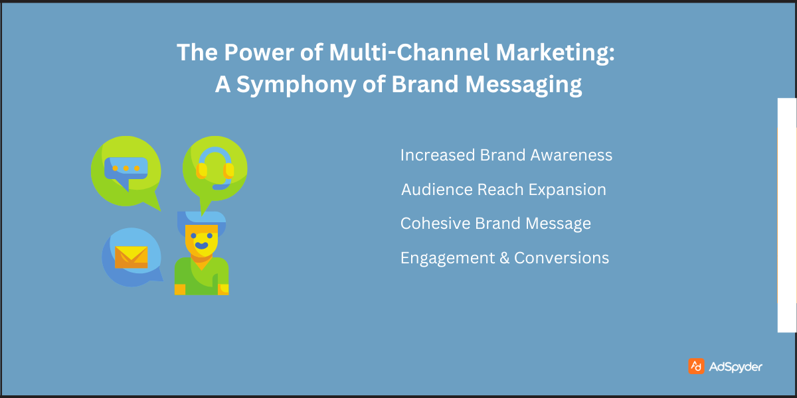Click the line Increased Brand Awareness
click(506, 155)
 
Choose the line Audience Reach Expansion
click(503, 190)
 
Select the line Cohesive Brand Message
click(495, 224)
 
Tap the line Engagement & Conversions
click(505, 258)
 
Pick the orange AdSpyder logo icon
click(696, 366)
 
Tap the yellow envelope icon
click(131, 257)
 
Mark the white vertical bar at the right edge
click(786, 215)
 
